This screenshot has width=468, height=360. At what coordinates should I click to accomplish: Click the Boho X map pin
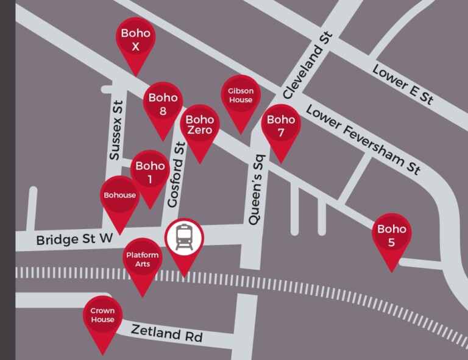[x=135, y=40]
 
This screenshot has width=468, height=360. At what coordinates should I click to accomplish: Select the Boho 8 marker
[x=163, y=104]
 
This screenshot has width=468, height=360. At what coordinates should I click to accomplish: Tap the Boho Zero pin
[x=199, y=125]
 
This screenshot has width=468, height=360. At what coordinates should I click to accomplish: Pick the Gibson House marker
[x=240, y=96]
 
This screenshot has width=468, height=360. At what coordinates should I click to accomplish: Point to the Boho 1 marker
[x=150, y=172]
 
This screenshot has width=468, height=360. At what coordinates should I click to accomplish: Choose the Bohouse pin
[x=119, y=196]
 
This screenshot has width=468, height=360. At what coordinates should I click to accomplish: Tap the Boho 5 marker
[x=391, y=236]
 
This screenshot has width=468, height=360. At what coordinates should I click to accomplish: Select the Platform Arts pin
[x=142, y=259]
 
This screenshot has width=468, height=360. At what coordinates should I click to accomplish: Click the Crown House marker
[x=102, y=316]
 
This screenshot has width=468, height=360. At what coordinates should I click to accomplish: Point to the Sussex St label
[x=116, y=131]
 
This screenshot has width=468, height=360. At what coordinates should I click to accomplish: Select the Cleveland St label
[x=307, y=66]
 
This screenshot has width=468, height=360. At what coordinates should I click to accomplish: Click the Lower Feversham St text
[x=363, y=139]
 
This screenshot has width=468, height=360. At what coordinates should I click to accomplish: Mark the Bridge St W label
[x=75, y=239]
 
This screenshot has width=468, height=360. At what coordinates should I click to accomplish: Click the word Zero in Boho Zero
[x=199, y=130]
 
